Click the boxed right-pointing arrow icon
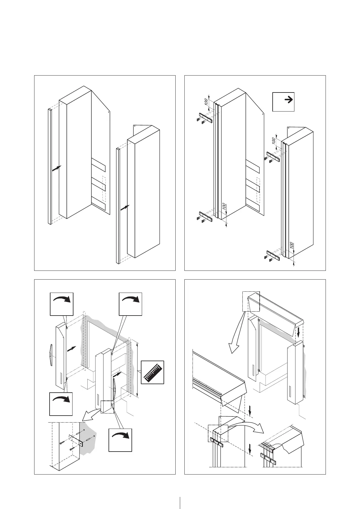point(283,102)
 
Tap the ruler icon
point(153,372)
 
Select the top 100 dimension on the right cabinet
point(274,141)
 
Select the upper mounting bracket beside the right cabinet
point(273,157)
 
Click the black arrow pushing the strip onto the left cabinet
point(57,168)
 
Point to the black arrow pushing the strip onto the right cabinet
point(125,208)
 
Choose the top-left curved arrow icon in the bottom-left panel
point(61,304)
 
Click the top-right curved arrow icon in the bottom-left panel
point(131,304)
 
